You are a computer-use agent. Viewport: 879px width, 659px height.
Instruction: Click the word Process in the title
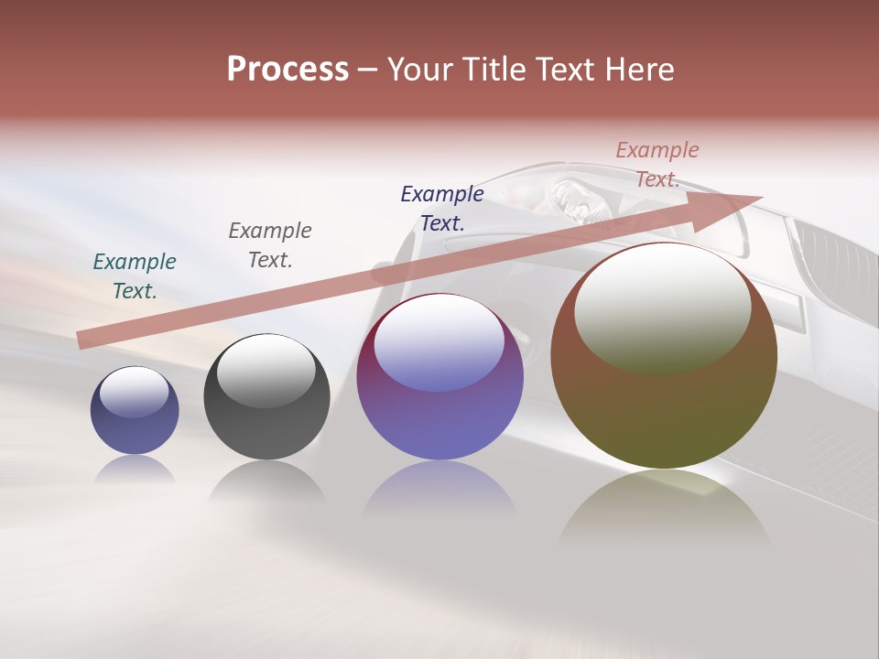tap(288, 70)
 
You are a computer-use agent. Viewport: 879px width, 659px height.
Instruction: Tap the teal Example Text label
tap(135, 275)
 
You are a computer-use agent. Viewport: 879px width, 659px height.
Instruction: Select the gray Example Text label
tap(270, 244)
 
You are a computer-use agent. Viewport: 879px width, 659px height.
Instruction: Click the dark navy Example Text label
tap(442, 208)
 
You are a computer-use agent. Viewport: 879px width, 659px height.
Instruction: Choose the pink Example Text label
tap(657, 164)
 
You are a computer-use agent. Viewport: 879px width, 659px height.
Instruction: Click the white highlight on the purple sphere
tap(439, 340)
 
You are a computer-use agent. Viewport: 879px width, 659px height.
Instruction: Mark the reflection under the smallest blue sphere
tap(135, 470)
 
